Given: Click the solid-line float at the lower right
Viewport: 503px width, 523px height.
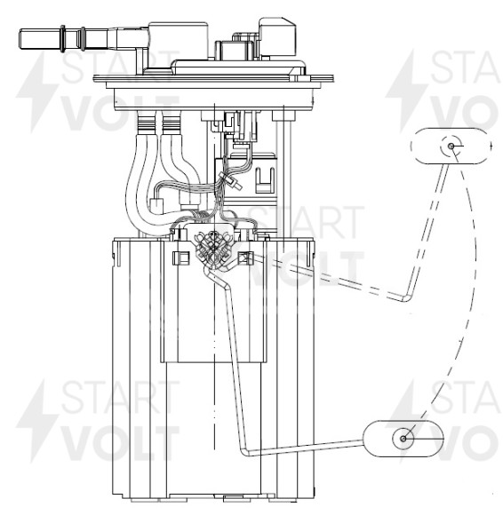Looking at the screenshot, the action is tap(403, 439).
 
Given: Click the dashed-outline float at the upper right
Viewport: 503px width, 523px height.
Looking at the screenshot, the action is tap(451, 147).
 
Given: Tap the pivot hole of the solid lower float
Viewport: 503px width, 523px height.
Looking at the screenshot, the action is tap(403, 439).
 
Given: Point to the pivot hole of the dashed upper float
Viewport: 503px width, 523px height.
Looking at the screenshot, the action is tap(451, 147).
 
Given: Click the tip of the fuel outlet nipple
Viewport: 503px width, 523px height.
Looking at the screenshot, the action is tap(20, 39).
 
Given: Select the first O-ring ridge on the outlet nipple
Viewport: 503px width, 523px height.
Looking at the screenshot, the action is tap(62, 39).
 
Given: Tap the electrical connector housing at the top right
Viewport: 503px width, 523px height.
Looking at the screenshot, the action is tap(277, 36).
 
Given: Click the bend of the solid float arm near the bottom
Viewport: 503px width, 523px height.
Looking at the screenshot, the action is tap(245, 452).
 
